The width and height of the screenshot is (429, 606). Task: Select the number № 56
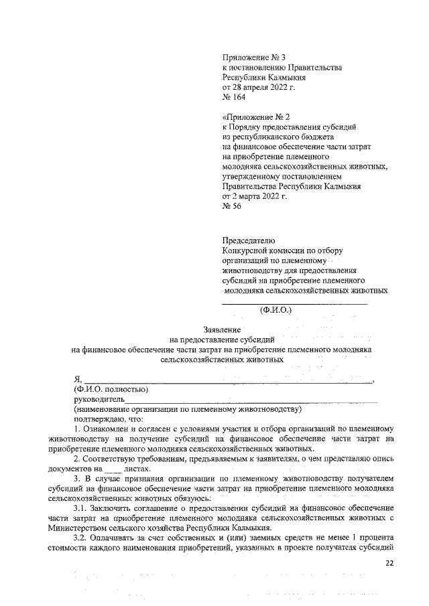click(x=231, y=207)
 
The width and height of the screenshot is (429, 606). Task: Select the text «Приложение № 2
click(x=255, y=117)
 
